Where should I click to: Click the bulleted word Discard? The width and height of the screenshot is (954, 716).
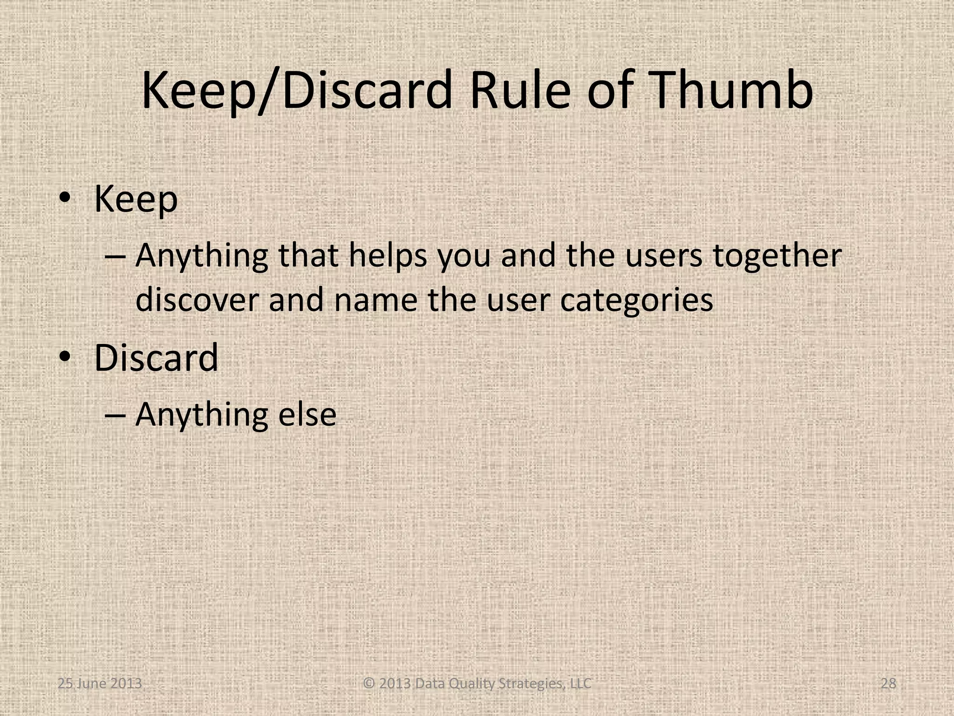pyautogui.click(x=156, y=358)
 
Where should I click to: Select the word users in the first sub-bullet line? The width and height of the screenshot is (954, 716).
pyautogui.click(x=663, y=256)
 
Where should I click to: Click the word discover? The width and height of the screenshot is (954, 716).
pyautogui.click(x=197, y=300)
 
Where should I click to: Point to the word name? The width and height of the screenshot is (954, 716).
pyautogui.click(x=375, y=300)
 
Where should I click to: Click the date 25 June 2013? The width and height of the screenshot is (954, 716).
pyautogui.click(x=100, y=683)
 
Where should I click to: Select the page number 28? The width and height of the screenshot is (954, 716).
pyautogui.click(x=888, y=683)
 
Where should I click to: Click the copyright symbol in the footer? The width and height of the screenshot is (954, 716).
pyautogui.click(x=369, y=683)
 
